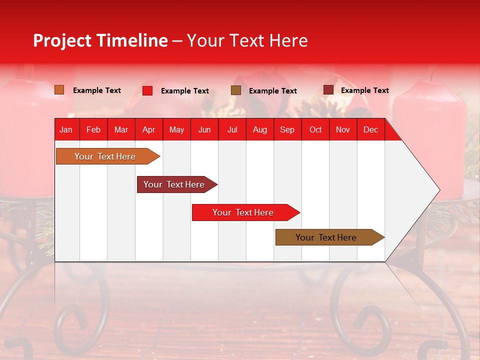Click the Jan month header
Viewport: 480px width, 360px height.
tap(66, 129)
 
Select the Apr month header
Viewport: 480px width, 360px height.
tap(148, 129)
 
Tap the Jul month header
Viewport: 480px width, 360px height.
tap(232, 129)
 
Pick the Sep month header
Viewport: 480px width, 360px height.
tap(287, 129)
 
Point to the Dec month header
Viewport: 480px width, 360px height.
tap(370, 129)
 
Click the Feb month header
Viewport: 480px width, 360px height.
tap(93, 129)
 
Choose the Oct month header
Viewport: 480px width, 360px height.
tap(315, 129)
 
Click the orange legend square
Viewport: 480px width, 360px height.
tap(59, 90)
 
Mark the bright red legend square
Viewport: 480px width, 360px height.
tap(147, 90)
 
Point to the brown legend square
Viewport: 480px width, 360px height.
tap(236, 90)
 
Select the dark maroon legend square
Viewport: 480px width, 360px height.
tap(328, 90)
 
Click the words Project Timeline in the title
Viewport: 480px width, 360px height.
tap(100, 40)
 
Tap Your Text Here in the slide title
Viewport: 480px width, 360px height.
tap(247, 40)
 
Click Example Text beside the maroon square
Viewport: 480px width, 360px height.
tap(364, 90)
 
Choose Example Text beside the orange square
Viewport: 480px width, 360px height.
tap(97, 90)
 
